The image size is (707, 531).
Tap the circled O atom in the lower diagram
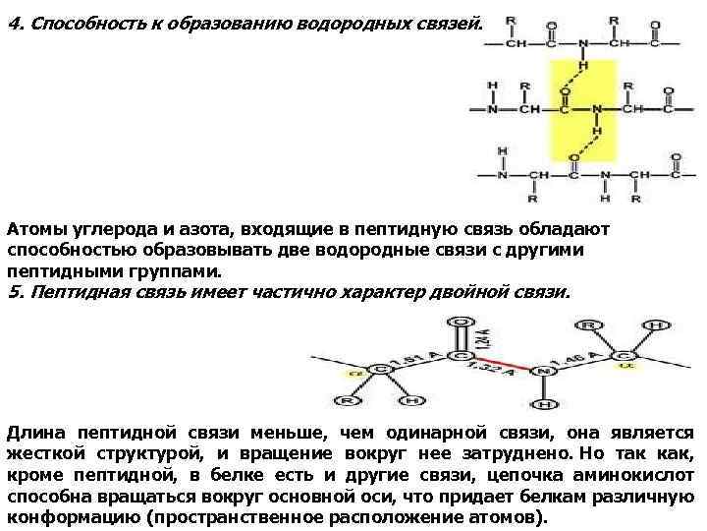(460, 322)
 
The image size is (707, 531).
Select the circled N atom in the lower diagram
(545, 372)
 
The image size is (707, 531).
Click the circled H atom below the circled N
(548, 403)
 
